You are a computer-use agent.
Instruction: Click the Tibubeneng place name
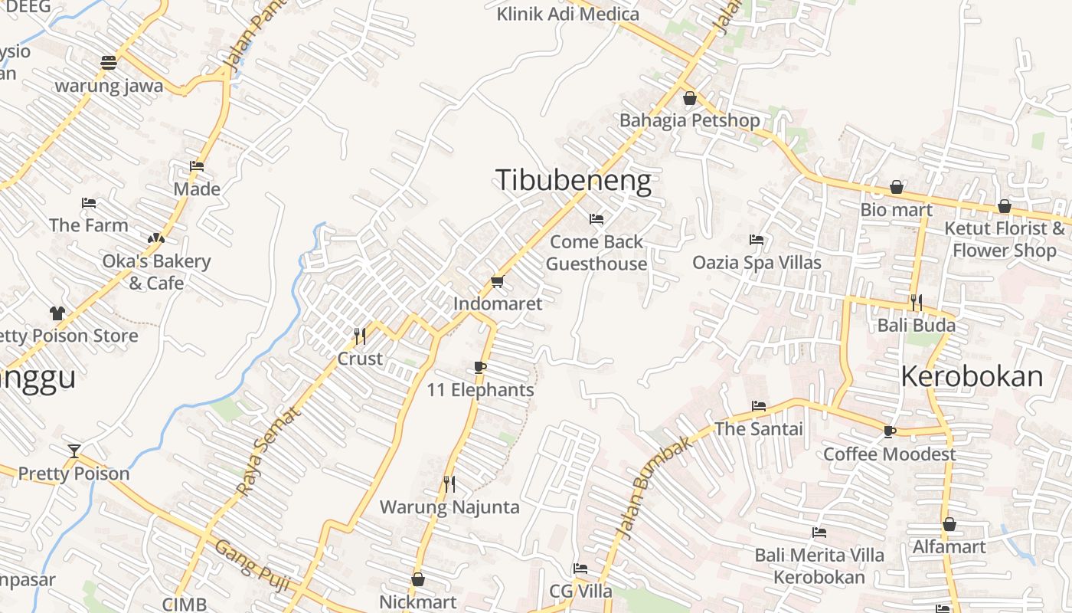point(574,180)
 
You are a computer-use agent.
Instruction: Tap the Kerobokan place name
point(972,376)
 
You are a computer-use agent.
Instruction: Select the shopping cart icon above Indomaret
point(497,282)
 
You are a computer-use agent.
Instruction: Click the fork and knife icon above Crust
point(359,336)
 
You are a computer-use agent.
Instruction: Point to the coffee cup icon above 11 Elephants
point(480,368)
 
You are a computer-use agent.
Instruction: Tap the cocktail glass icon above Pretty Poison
point(74,451)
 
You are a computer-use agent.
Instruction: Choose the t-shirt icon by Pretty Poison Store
point(57,313)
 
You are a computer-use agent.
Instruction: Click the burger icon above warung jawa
point(109,63)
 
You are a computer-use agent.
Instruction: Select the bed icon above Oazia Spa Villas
point(757,240)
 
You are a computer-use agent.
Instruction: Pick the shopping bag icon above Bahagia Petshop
point(689,98)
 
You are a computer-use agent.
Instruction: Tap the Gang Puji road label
point(252,565)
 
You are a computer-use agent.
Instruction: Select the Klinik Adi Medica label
point(567,14)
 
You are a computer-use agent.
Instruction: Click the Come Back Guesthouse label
point(596,253)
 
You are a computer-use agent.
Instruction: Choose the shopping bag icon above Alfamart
point(949,524)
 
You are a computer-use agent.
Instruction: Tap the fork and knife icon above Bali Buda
point(916,302)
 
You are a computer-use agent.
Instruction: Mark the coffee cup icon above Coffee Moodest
point(889,431)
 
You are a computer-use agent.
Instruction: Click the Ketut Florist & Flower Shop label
point(1004,239)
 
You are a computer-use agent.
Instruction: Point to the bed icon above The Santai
point(759,405)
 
